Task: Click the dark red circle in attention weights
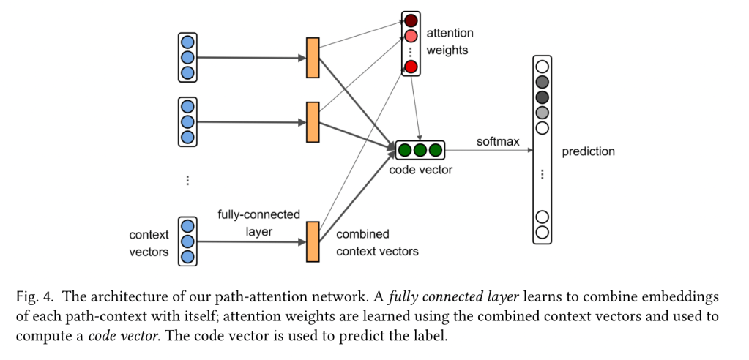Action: (x=411, y=20)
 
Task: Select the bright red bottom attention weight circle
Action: (x=411, y=67)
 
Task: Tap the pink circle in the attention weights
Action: (x=411, y=36)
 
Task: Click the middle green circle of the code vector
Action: (x=420, y=151)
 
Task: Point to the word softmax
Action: (x=497, y=140)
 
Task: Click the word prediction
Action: (x=588, y=152)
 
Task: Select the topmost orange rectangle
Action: (x=313, y=57)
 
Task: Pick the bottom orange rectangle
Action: (x=313, y=241)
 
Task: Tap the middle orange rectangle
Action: (x=313, y=122)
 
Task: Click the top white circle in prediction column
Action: (x=543, y=67)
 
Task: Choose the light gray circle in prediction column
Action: (x=543, y=113)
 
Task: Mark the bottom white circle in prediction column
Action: (x=543, y=232)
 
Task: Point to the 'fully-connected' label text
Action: (x=258, y=214)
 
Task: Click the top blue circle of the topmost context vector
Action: (x=188, y=41)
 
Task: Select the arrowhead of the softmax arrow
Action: (x=528, y=151)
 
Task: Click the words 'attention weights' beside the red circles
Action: (x=450, y=42)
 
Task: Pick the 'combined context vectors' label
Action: (x=377, y=243)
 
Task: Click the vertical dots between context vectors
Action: (x=188, y=180)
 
